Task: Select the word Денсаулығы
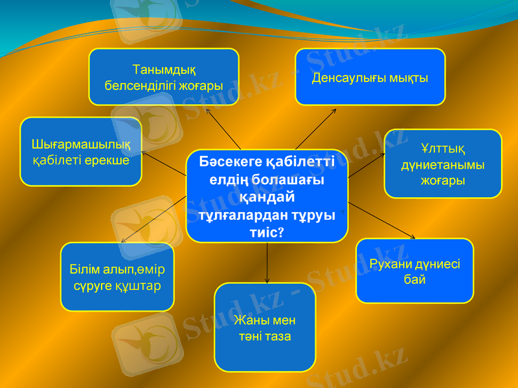349,78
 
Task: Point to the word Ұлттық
443,150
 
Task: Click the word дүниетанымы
443,166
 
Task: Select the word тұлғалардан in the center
245,215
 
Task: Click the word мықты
409,78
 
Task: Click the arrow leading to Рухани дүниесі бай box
382,220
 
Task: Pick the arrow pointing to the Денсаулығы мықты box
315,129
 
